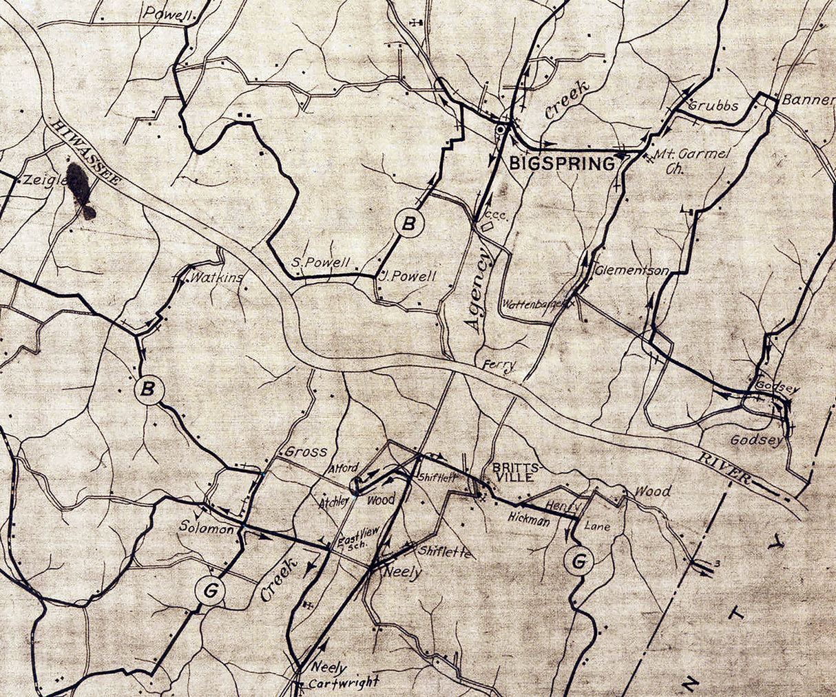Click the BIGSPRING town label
561,164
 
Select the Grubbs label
713,106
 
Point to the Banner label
808,100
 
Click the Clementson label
633,270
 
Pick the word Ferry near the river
499,365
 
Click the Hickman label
529,521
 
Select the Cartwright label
343,683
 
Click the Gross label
305,452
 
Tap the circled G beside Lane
578,562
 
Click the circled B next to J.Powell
409,224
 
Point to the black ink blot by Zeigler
83,189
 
